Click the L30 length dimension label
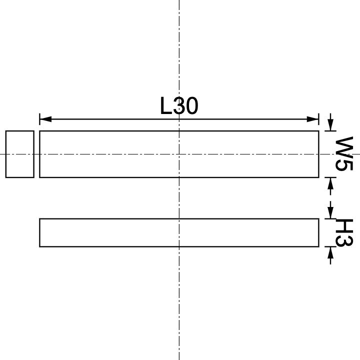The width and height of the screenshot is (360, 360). pos(179,106)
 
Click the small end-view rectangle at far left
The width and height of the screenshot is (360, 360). pos(20,154)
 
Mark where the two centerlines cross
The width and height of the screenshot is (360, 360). pos(179,154)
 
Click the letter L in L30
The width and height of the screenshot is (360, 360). pos(166,106)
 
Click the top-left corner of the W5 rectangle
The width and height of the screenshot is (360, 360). pos(39,131)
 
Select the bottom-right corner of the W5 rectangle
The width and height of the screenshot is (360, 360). pos(318,177)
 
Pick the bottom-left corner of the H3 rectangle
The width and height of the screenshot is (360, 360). pos(39,246)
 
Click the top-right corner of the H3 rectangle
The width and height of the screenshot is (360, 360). pos(318,218)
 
